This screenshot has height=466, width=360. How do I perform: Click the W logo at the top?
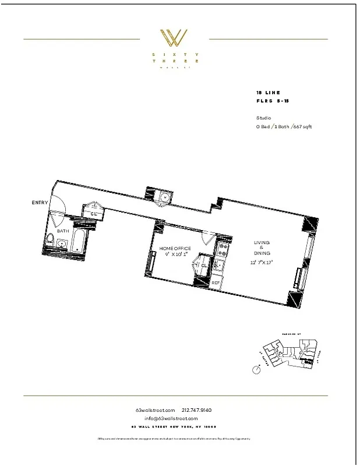pyautogui.click(x=174, y=39)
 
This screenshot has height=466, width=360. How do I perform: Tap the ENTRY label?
pyautogui.click(x=40, y=202)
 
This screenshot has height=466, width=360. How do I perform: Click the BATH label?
pyautogui.click(x=63, y=231)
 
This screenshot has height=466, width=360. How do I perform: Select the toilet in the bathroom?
pyautogui.click(x=51, y=239)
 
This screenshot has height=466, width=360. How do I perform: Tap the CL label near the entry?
pyautogui.click(x=93, y=214)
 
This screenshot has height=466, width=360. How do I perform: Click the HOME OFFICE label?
pyautogui.click(x=175, y=249)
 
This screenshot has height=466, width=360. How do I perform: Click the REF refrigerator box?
pyautogui.click(x=216, y=283)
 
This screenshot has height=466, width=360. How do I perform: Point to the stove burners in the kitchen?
pyautogui.click(x=221, y=252)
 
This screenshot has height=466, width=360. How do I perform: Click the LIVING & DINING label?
pyautogui.click(x=262, y=249)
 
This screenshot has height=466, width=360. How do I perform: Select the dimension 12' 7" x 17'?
pyautogui.click(x=262, y=263)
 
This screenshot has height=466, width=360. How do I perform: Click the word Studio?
pyautogui.click(x=263, y=118)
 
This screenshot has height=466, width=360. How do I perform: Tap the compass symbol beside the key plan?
pyautogui.click(x=256, y=369)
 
